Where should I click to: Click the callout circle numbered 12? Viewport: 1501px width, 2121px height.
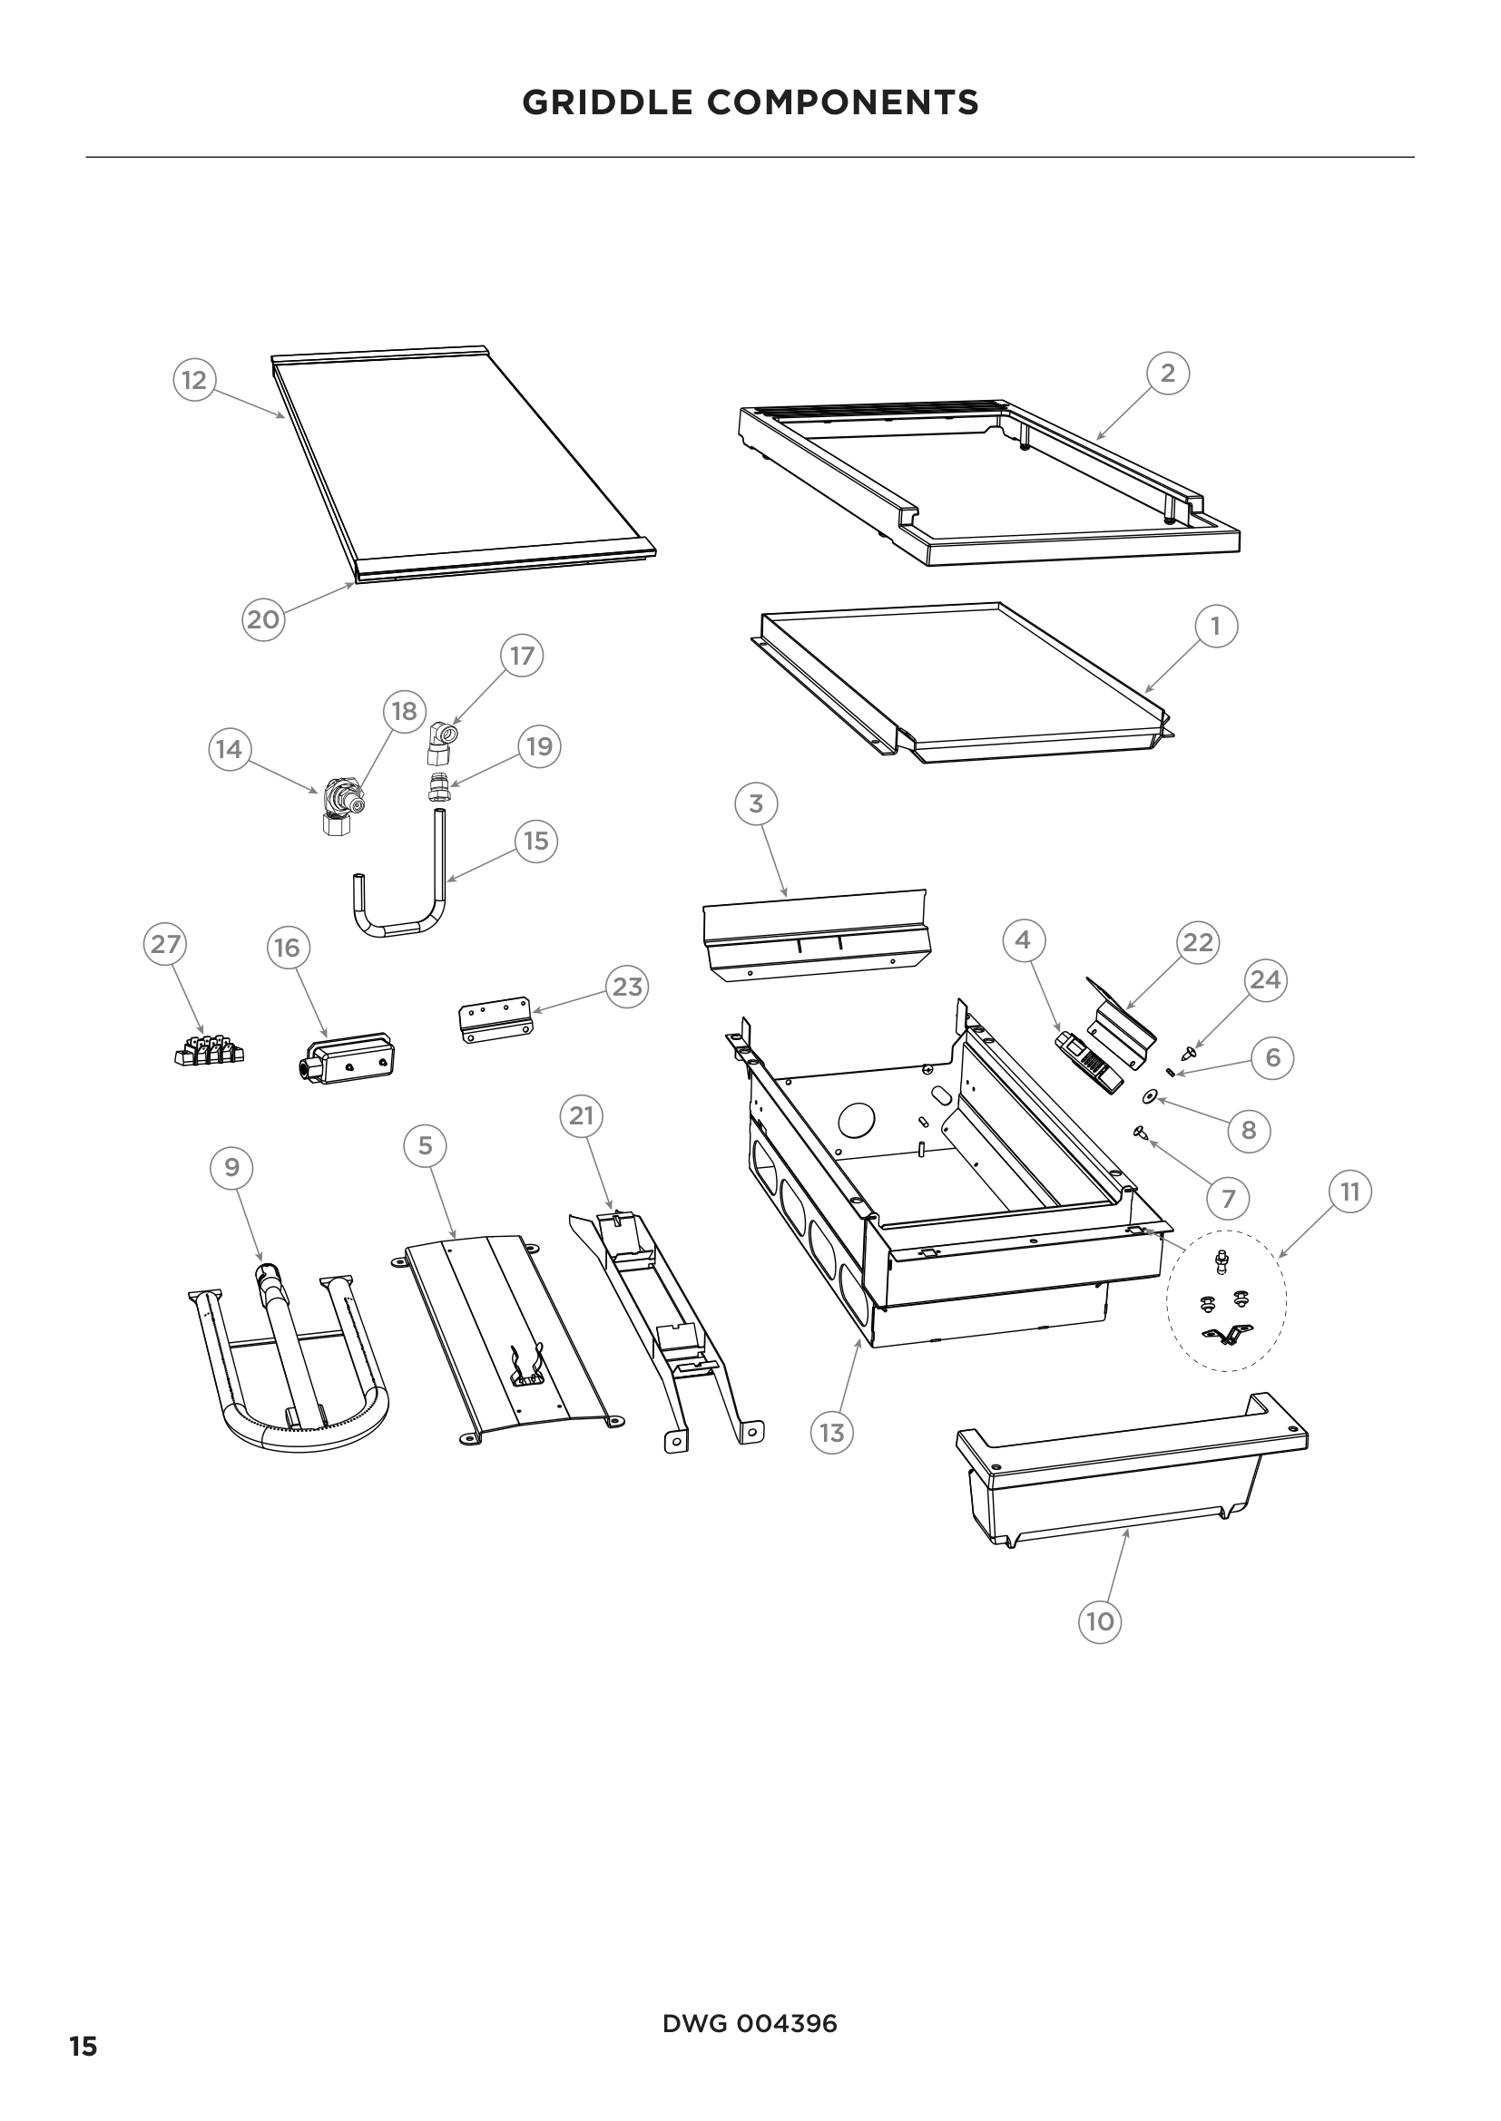point(194,380)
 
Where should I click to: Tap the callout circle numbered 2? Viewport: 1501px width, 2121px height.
point(1167,374)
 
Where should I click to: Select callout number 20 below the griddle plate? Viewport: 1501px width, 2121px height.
point(263,619)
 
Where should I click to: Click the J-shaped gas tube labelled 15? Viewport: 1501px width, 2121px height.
point(402,915)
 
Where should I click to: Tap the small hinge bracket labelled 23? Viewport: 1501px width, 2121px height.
point(495,1020)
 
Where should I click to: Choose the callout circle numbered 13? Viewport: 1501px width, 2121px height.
point(832,1433)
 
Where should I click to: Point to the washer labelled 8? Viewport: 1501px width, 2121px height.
point(1150,1095)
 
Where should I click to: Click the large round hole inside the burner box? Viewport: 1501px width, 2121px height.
point(856,1121)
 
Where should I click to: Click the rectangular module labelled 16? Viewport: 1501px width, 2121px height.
point(348,1057)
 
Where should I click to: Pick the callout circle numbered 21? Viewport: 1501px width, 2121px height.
point(581,1116)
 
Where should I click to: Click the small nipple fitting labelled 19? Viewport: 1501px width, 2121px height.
point(440,789)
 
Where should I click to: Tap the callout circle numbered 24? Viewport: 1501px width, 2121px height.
point(1264,979)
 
